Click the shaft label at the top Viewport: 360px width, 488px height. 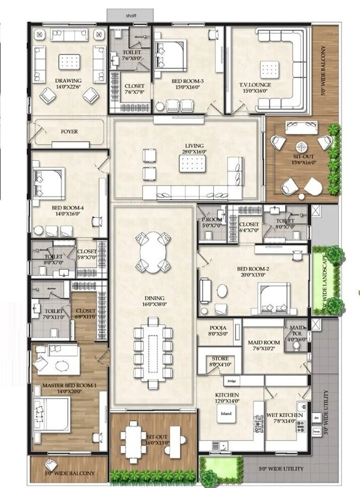point(131,16)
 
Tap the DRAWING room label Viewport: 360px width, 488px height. point(69,81)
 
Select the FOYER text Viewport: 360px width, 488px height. point(69,132)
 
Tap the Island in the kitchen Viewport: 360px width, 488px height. point(226,414)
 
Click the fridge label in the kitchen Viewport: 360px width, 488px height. point(232,381)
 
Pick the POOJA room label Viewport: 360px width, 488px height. point(220,328)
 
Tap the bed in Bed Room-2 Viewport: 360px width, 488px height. point(274,297)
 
